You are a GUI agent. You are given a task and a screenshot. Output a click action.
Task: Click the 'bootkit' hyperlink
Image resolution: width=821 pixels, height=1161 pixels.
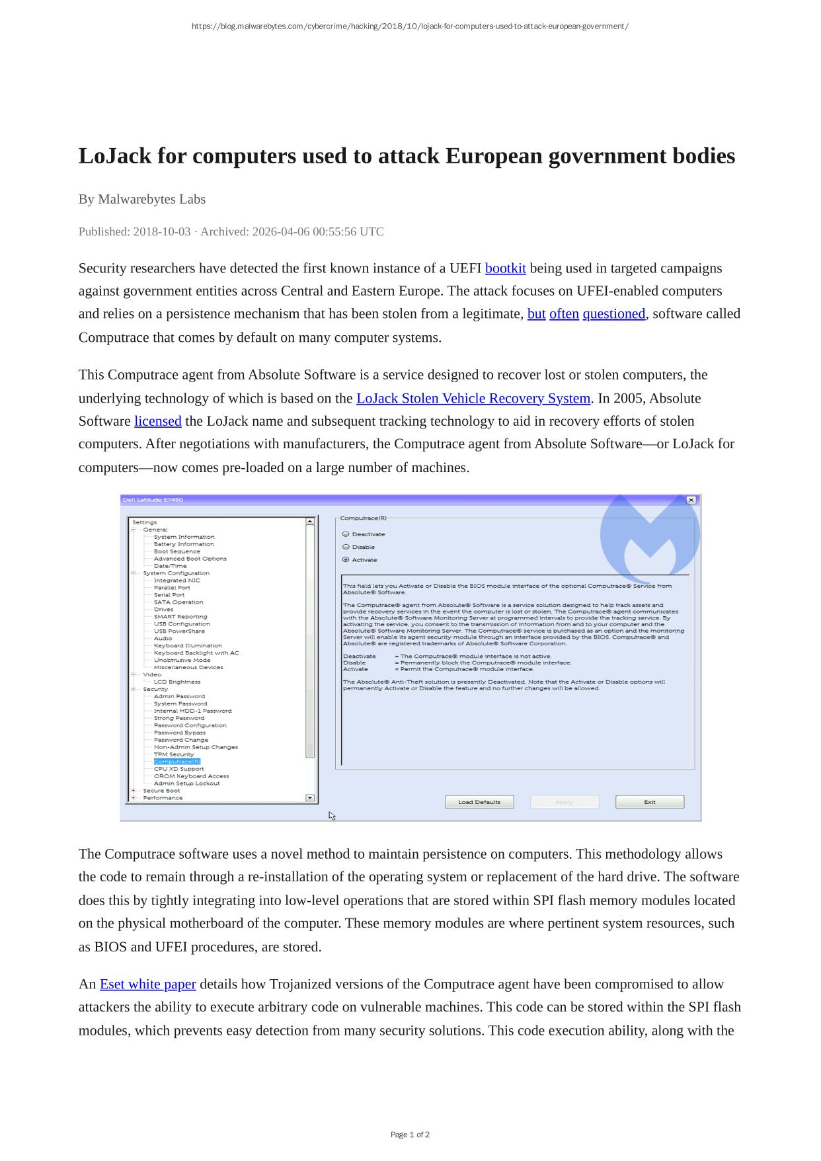click(x=505, y=268)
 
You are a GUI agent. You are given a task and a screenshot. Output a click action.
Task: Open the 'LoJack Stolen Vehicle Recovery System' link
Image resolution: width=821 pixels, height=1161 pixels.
click(x=473, y=398)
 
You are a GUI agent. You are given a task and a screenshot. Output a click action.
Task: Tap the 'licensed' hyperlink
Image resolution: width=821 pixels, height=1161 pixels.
click(x=157, y=421)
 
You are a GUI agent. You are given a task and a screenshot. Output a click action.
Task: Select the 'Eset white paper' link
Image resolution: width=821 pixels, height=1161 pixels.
click(x=147, y=984)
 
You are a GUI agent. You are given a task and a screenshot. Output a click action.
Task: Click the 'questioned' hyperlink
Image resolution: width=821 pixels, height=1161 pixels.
click(x=613, y=313)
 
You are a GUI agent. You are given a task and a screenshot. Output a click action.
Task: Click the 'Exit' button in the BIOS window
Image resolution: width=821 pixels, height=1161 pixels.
click(x=649, y=802)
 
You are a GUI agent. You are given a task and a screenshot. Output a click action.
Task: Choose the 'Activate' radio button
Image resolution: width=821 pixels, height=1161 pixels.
click(x=346, y=559)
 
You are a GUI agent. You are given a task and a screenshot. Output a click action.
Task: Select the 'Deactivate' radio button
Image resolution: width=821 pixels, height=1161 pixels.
click(x=346, y=534)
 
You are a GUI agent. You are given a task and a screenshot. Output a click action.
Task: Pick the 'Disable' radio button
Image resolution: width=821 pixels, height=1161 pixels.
click(x=346, y=547)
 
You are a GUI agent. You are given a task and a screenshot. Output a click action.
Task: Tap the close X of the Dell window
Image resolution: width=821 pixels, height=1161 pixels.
click(x=691, y=500)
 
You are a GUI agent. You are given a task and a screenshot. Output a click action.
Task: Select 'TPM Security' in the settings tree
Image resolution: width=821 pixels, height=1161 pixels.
click(x=174, y=754)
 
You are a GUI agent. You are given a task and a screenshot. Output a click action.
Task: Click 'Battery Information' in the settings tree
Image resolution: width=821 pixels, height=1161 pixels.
click(x=184, y=544)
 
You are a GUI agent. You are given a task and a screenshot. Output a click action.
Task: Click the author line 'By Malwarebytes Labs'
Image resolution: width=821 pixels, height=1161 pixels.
click(x=142, y=199)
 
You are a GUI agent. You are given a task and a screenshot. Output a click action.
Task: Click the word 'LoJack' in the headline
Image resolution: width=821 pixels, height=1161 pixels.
click(x=114, y=156)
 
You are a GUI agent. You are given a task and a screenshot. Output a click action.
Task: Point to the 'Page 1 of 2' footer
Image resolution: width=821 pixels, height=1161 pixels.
click(x=410, y=1135)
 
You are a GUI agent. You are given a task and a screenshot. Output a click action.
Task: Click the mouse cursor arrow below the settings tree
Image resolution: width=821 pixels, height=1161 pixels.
click(x=332, y=816)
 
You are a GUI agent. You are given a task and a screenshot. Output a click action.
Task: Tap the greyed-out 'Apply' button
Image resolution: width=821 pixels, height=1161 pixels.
click(x=564, y=802)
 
